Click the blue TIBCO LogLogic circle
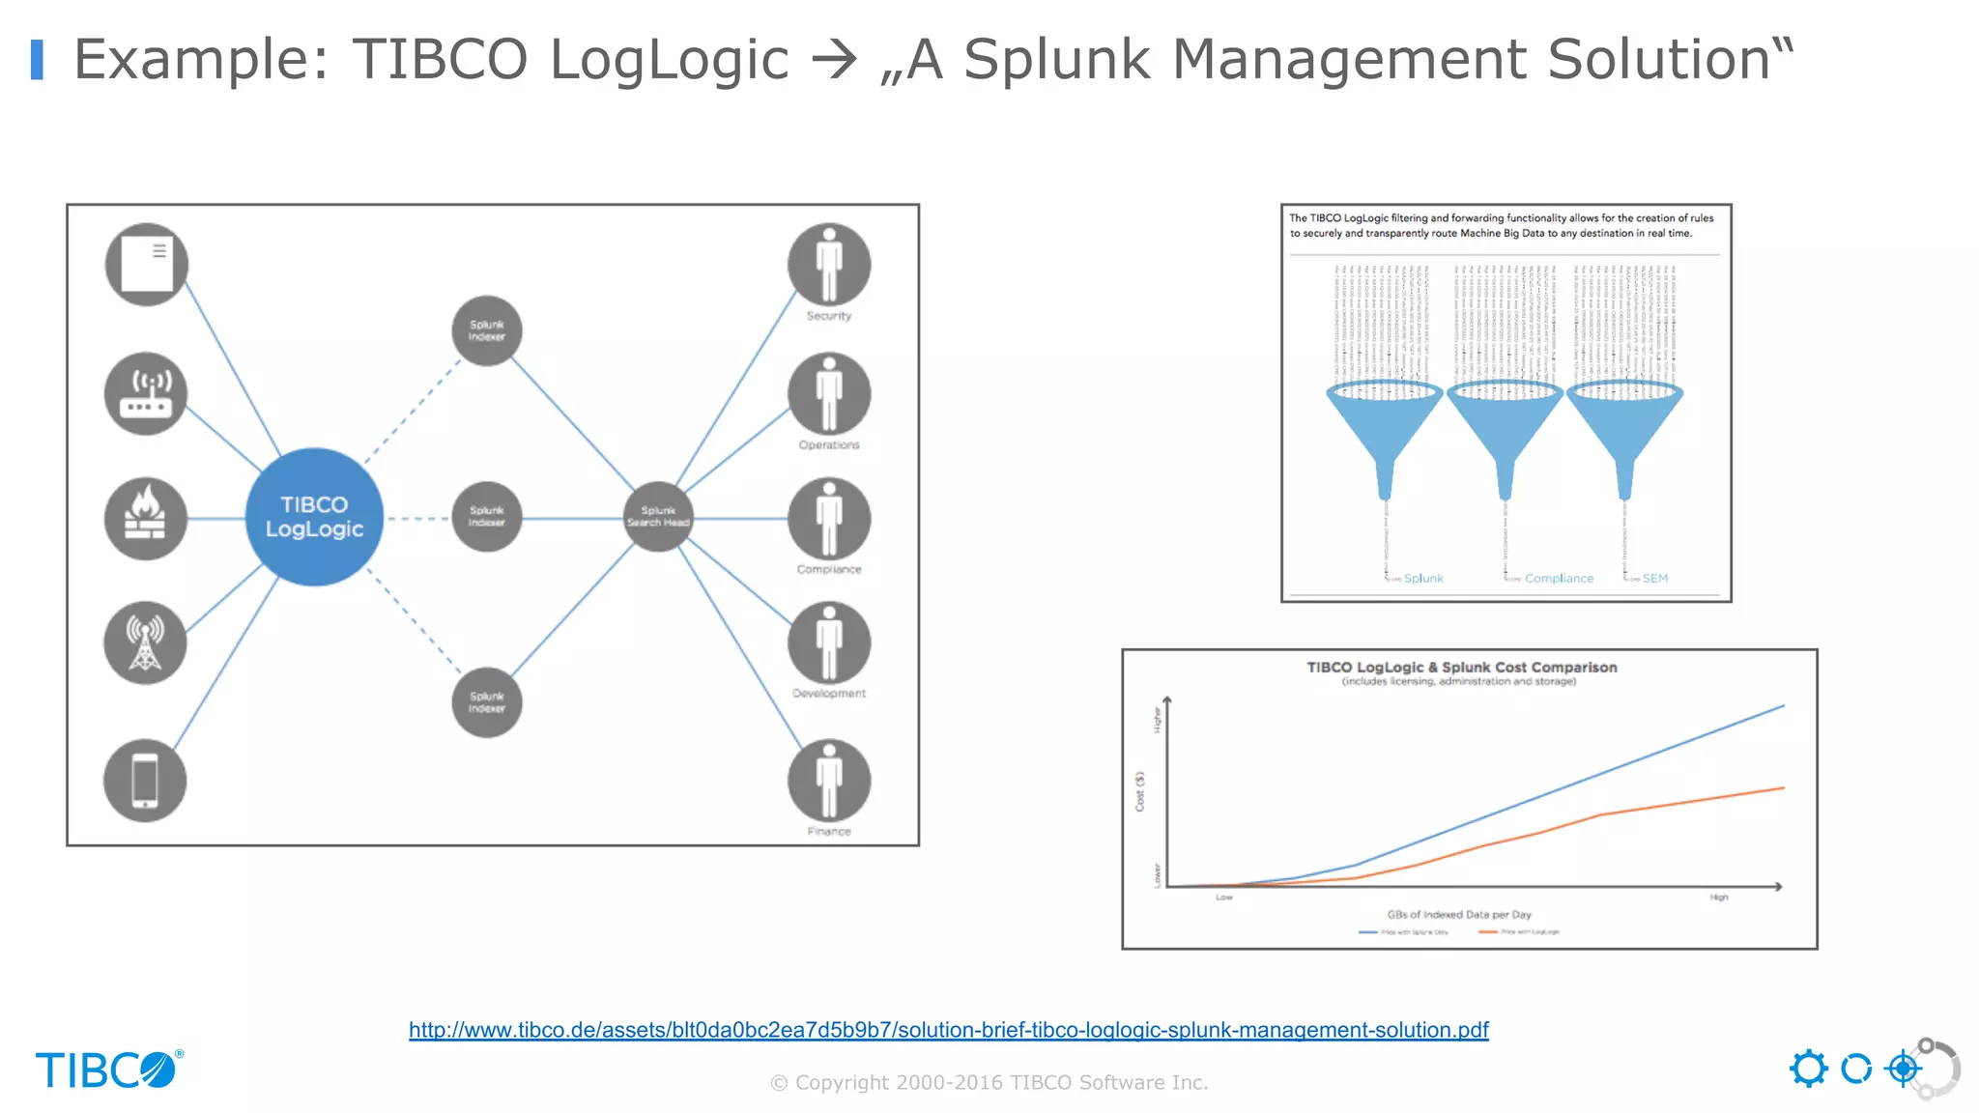click(x=314, y=517)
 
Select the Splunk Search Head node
click(x=658, y=517)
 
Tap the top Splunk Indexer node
click(x=487, y=330)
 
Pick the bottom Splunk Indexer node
click(x=487, y=702)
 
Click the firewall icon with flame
click(x=146, y=519)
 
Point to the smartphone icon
click(x=145, y=781)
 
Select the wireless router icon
click(x=146, y=393)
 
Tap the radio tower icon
click(x=146, y=642)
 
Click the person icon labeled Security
click(x=829, y=265)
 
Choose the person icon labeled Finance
click(x=829, y=781)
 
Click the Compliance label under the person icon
click(x=829, y=570)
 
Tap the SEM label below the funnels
click(x=1654, y=579)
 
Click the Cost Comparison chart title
click(x=1461, y=668)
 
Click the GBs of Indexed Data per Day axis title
click(x=1459, y=914)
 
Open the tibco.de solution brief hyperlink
click(x=948, y=1030)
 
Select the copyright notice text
click(x=989, y=1083)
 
